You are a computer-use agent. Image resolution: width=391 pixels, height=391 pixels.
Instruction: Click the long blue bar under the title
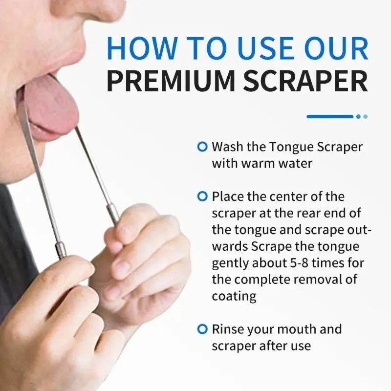pos(329,116)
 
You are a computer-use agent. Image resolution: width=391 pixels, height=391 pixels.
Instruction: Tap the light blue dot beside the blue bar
pos(365,116)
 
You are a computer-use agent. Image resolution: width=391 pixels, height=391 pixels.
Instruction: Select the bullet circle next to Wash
pos(202,146)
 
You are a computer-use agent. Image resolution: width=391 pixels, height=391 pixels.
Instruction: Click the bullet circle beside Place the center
pos(202,196)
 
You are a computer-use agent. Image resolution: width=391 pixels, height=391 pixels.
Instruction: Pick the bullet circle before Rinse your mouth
pos(202,329)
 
